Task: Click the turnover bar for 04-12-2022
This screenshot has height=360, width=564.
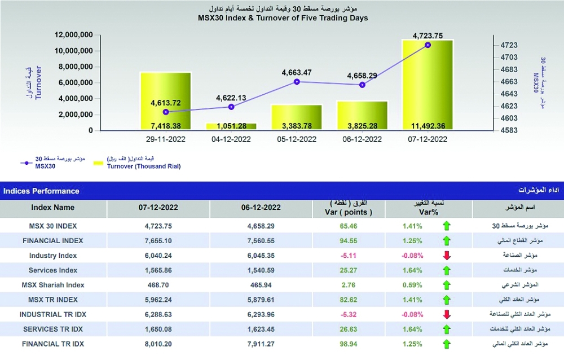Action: coord(231,126)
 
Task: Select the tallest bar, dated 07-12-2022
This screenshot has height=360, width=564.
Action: coord(428,85)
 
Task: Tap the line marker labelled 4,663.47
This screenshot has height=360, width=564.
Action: coord(297,82)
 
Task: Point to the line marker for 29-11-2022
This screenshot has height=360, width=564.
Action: coord(166,112)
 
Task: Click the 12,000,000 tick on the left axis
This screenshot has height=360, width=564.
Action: coord(73,35)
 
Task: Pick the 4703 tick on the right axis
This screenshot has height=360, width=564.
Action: coord(509,57)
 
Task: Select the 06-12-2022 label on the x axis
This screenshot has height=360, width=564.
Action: coord(362,139)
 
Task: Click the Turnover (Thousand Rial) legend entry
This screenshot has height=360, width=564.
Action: coord(143,166)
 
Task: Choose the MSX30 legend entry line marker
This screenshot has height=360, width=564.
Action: coord(27,163)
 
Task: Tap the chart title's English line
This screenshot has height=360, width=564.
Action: coord(283,18)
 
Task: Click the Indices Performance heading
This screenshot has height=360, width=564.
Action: coord(41,191)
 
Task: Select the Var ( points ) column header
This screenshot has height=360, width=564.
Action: coord(348,212)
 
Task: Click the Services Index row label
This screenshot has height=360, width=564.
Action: coord(53,270)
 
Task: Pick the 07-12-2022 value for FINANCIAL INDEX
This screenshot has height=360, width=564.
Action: coord(158,241)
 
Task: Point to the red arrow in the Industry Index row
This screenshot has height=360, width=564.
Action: coord(447,255)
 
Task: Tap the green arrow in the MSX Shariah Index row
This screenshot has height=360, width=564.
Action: coord(447,285)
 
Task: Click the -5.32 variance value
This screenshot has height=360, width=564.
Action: coord(348,314)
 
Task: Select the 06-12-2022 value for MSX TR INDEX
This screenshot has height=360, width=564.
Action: coord(261,300)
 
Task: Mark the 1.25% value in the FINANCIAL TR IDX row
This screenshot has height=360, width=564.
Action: coord(412,344)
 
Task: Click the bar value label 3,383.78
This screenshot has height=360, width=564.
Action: coord(297,126)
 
